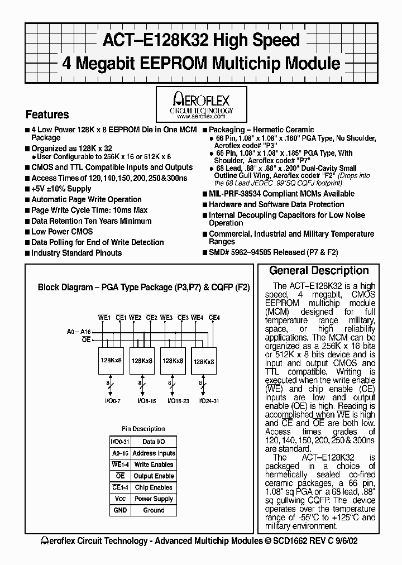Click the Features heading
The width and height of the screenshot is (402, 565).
tap(47, 114)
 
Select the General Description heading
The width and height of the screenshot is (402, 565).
tap(319, 271)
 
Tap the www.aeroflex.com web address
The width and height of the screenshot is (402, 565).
tap(201, 117)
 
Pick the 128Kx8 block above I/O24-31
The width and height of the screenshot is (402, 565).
tap(203, 362)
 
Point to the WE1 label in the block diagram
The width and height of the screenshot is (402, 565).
tap(104, 318)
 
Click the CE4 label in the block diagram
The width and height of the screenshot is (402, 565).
tap(214, 318)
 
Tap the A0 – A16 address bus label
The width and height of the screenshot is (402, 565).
tap(78, 332)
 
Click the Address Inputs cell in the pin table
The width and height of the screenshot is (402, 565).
tap(154, 453)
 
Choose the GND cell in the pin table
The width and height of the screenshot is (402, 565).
tap(119, 510)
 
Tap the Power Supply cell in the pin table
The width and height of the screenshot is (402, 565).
tap(154, 499)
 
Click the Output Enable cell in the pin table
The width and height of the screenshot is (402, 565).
tap(154, 476)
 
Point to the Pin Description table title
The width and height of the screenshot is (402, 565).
tap(143, 429)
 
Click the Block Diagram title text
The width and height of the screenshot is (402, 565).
tap(143, 288)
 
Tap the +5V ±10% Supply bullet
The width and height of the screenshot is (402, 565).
tap(61, 189)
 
